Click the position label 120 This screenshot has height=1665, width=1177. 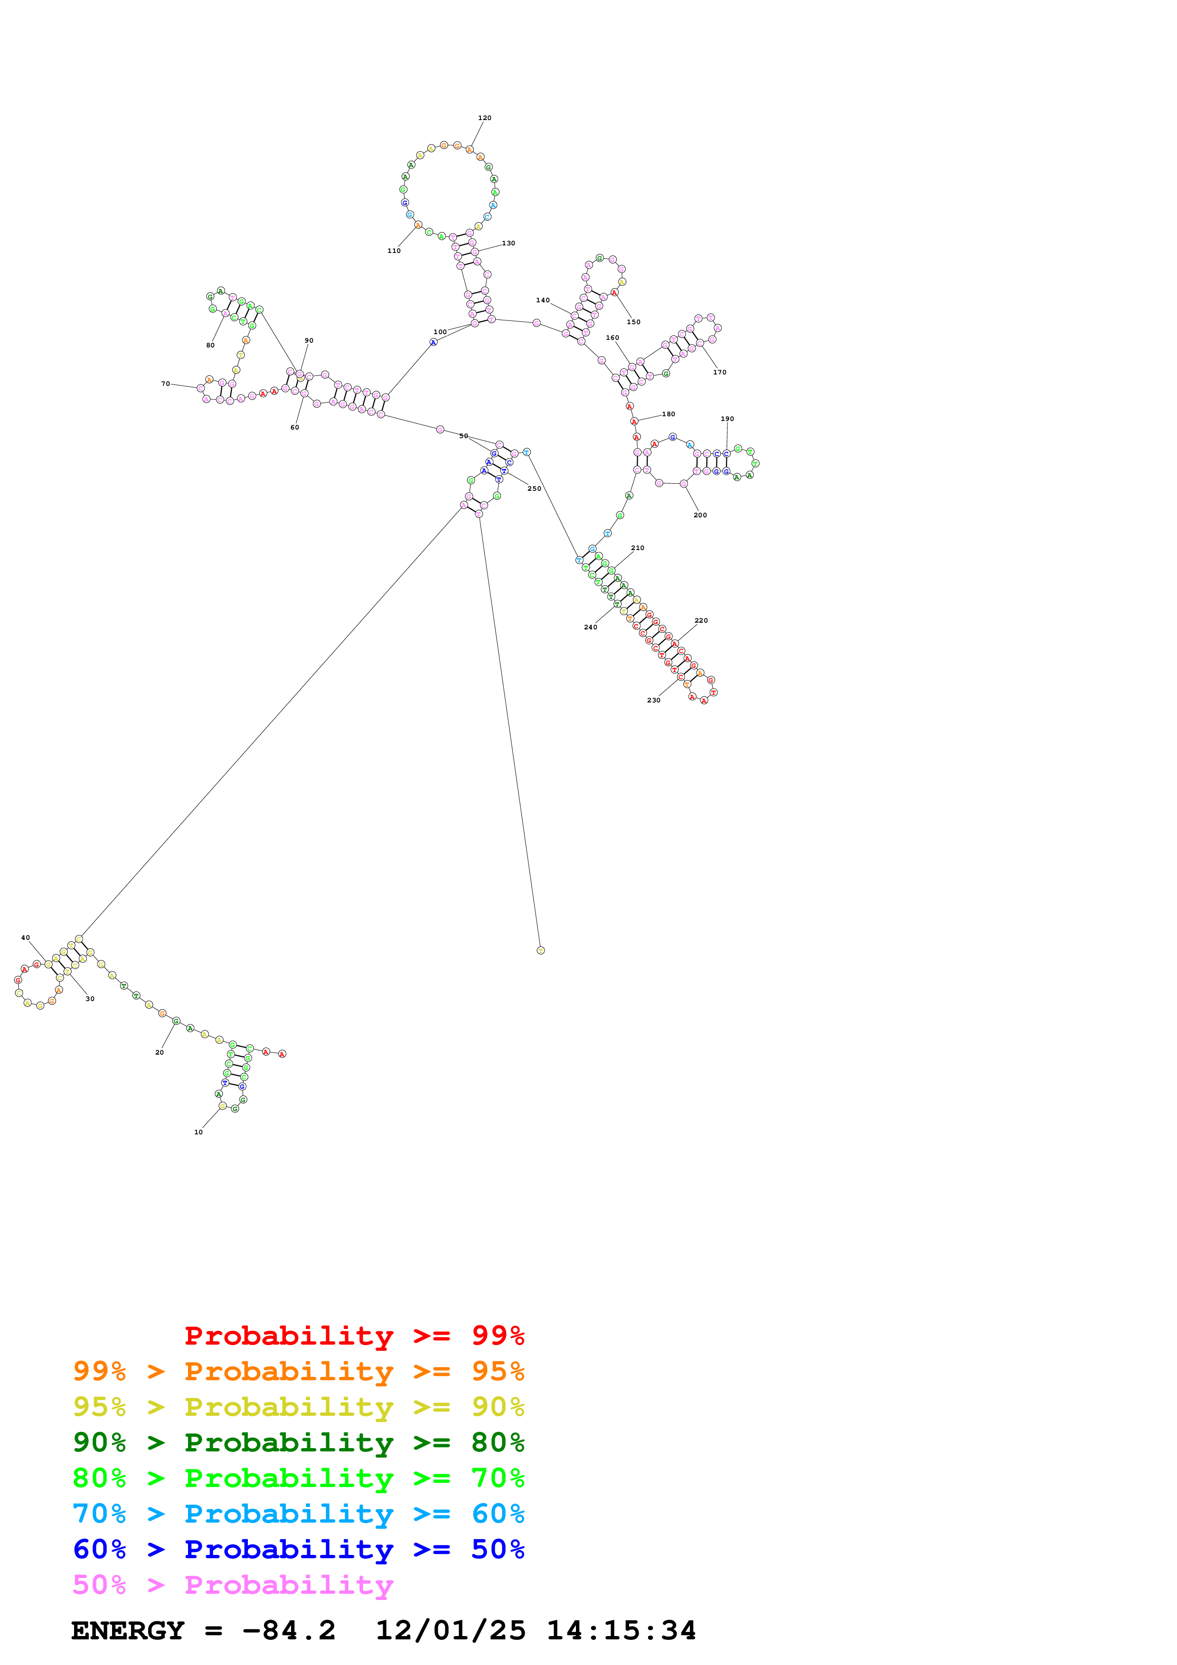[x=484, y=118]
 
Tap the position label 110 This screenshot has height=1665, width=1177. [x=394, y=251]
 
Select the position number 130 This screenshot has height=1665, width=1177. [x=508, y=243]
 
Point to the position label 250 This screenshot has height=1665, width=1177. [x=535, y=489]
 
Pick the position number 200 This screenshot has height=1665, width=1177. [x=700, y=515]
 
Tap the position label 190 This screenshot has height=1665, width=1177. [x=727, y=419]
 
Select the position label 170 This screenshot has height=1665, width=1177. [x=719, y=372]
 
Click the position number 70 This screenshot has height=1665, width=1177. [x=165, y=384]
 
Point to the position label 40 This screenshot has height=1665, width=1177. [x=25, y=938]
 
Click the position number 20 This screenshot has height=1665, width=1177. [x=160, y=1052]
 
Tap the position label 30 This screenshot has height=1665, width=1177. [x=90, y=999]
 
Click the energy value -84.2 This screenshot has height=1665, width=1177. [x=289, y=1630]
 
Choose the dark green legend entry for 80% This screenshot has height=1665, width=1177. [x=298, y=1442]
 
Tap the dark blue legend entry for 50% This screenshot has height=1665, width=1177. [x=298, y=1549]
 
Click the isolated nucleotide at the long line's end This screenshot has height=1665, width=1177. [x=540, y=950]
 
